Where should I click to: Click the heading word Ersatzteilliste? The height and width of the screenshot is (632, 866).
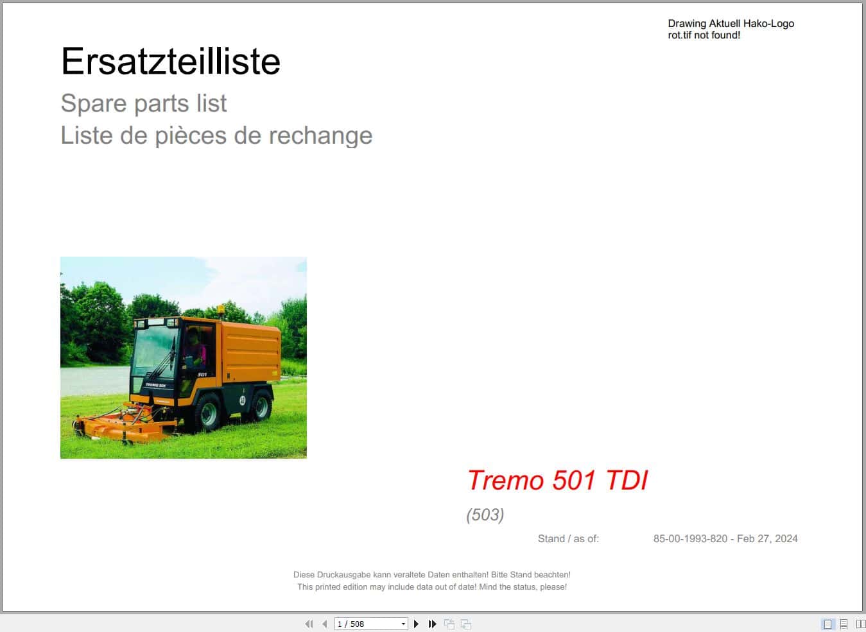coord(170,62)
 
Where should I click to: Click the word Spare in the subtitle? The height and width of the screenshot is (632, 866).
coord(92,103)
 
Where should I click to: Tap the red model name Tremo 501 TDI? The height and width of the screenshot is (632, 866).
coord(557,480)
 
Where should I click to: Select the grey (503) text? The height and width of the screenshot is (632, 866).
coord(485,515)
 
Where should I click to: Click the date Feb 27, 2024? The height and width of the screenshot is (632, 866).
coord(767,539)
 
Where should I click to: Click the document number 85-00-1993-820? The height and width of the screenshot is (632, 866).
coord(690,539)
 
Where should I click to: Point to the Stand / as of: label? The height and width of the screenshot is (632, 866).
coord(568,539)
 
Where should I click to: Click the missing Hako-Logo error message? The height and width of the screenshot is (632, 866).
coord(731,29)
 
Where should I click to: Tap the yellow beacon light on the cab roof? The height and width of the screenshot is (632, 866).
coord(221,309)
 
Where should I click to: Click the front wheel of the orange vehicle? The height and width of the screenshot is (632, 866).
coord(208,411)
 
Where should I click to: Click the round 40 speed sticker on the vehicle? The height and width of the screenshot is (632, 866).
coord(242,400)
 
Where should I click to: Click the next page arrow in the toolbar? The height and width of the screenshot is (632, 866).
coord(416,624)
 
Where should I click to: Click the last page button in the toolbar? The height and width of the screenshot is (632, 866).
coord(432,624)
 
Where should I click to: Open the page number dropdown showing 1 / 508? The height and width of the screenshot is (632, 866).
coord(403,624)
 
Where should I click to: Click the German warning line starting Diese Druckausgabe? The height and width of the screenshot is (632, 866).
coord(431,575)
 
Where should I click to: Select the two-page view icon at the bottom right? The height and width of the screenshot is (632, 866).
coord(861,624)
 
